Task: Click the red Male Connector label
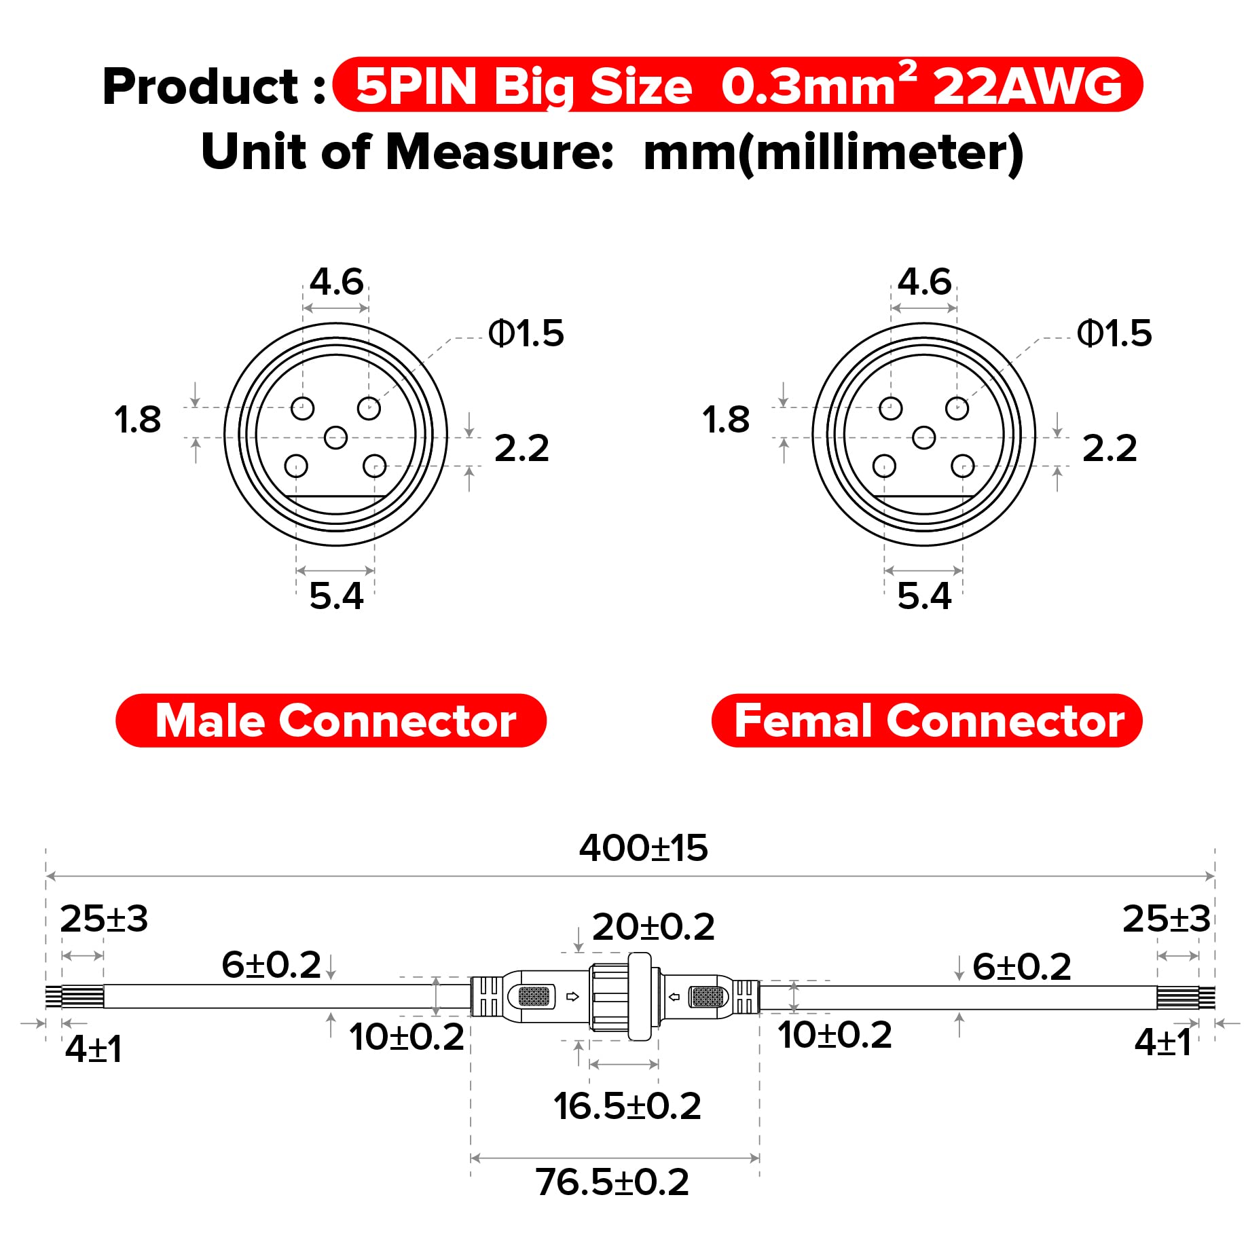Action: tap(331, 720)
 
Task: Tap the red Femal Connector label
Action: tap(927, 720)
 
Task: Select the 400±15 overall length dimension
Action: tap(642, 848)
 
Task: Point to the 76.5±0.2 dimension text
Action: tap(612, 1182)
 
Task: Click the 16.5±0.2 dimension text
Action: tap(627, 1106)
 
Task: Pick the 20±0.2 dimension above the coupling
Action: tap(653, 928)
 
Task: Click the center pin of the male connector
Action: tap(335, 437)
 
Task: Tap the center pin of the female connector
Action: tap(923, 437)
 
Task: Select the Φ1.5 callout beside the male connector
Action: tap(526, 333)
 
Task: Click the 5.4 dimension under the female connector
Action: tap(924, 596)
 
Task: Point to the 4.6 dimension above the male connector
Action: tap(336, 282)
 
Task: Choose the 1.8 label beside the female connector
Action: tap(726, 420)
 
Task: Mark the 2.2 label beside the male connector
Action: tap(521, 448)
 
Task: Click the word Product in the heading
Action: tap(201, 87)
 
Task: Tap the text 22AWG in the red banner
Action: tap(1027, 87)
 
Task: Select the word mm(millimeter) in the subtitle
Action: tap(832, 152)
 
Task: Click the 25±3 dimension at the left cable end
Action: tap(104, 919)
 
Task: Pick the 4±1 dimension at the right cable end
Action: tap(1162, 1042)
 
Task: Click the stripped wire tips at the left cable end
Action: tap(54, 996)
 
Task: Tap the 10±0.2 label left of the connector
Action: tap(406, 1037)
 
